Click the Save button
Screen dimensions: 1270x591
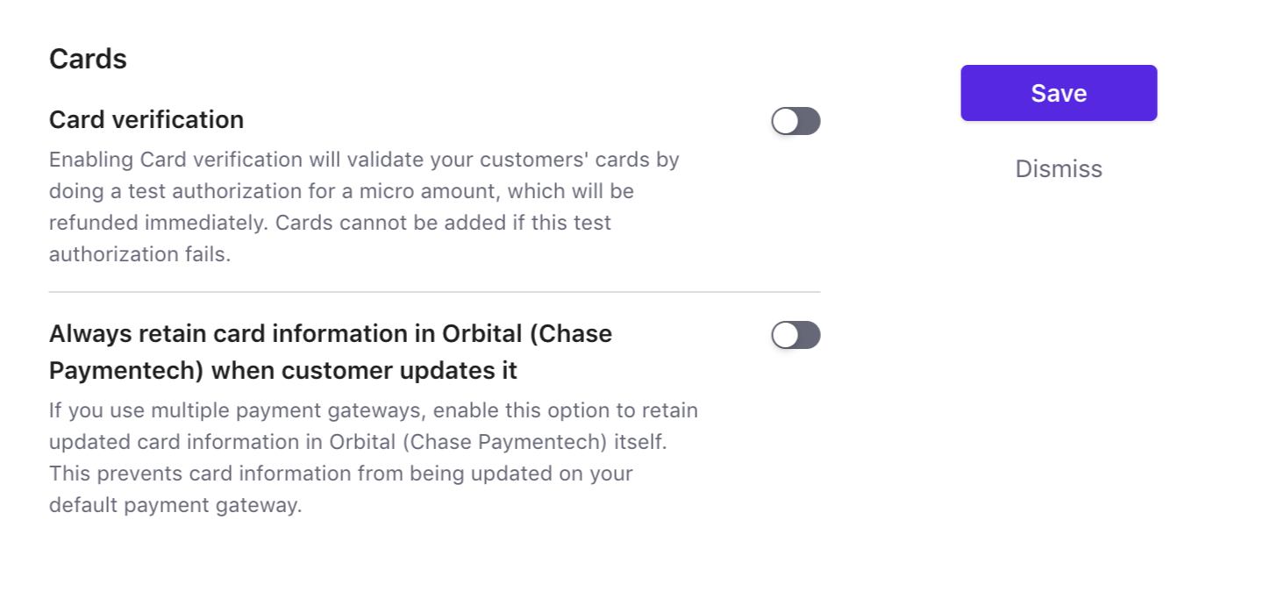pos(1059,93)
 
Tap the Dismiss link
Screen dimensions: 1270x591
pos(1059,169)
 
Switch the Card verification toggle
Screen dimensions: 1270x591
pos(796,121)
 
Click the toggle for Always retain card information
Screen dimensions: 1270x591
pos(796,335)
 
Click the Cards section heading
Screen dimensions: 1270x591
pos(88,59)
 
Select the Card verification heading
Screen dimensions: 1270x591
pos(146,120)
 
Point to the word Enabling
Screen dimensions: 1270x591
pos(90,160)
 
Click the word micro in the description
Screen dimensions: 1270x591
pos(386,191)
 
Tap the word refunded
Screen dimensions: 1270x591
pos(93,223)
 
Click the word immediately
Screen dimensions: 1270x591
pos(206,224)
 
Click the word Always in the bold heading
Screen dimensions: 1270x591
pos(89,334)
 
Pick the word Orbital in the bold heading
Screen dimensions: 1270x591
pos(482,334)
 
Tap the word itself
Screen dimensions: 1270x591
pos(640,442)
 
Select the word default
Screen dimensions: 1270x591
pos(82,505)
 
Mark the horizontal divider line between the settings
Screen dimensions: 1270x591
pos(434,292)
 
